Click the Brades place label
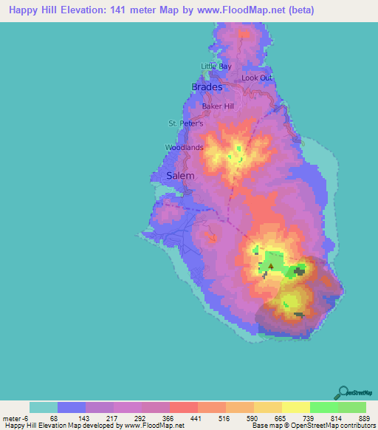207,87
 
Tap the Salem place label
180,176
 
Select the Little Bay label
216,66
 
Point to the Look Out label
257,78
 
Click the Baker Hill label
218,106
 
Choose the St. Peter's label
186,123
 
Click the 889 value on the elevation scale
365,417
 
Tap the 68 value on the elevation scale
54,417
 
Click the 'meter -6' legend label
15,417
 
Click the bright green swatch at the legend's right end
351,407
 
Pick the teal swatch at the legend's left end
44,407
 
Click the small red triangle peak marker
270,265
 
